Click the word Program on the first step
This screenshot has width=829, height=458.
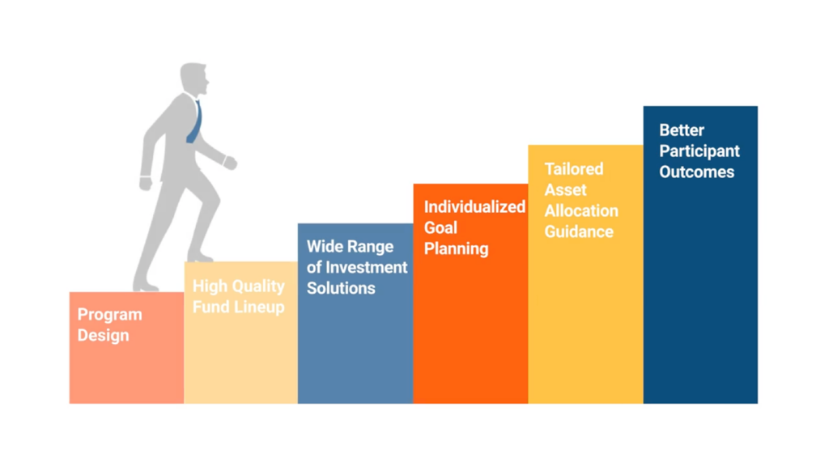(110, 316)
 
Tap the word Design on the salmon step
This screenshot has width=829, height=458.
(103, 336)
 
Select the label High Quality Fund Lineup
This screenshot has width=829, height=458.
(239, 296)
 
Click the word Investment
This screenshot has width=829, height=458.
(367, 267)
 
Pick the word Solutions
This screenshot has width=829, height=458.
(341, 288)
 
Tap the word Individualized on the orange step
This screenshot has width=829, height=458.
(474, 207)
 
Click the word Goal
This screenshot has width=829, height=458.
(440, 227)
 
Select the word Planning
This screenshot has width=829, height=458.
(457, 248)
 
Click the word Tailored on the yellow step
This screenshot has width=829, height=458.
(574, 169)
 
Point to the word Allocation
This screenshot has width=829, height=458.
(581, 210)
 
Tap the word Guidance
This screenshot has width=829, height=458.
(579, 232)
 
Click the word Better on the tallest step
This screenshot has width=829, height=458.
(682, 130)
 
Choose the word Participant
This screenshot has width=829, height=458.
(699, 151)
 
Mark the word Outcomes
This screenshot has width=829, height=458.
(696, 172)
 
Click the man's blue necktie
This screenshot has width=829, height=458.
(194, 122)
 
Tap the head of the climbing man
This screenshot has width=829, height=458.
(193, 78)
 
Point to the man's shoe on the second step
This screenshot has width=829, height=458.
(201, 257)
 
